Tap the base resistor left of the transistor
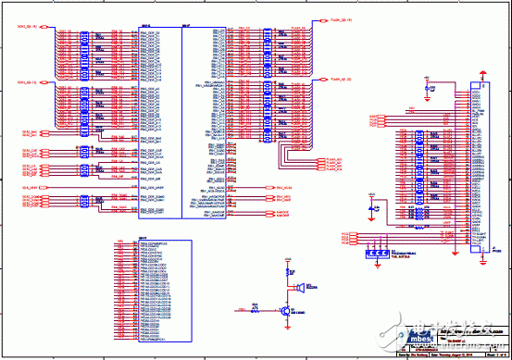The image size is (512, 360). click(256, 311)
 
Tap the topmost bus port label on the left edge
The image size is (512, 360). click(22, 28)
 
